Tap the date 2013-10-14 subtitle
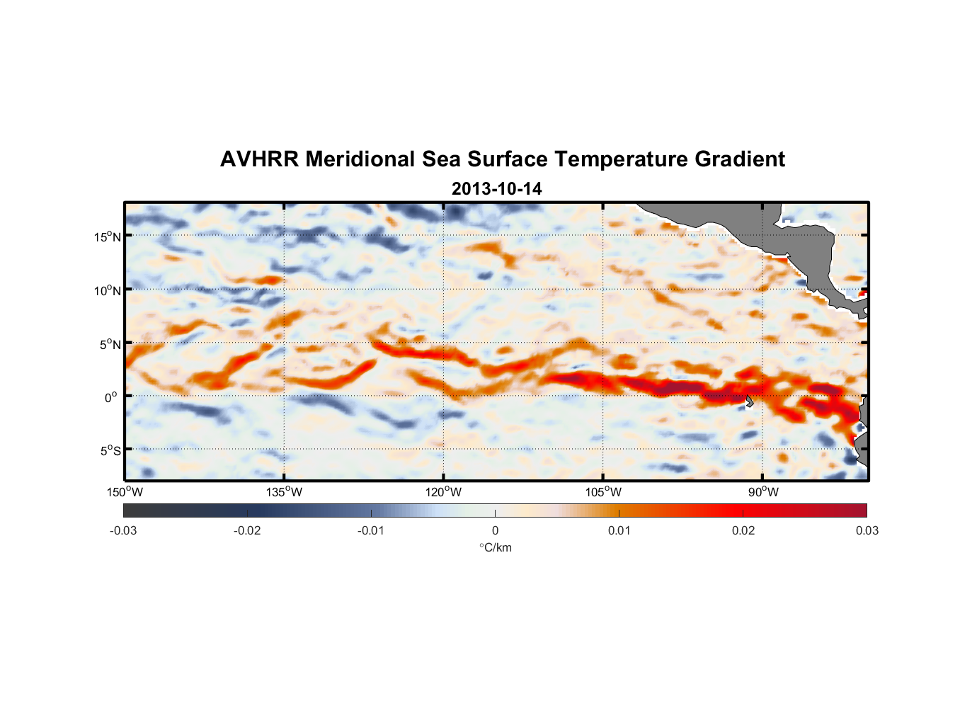point(496,189)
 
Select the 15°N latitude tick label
point(107,236)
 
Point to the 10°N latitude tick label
point(107,290)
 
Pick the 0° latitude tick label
point(111,398)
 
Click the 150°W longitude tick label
point(125,492)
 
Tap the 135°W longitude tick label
point(285,492)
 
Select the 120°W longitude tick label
point(444,492)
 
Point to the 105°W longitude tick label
point(603,492)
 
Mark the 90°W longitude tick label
point(763,492)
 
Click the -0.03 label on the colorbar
point(123,530)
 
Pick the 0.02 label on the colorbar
point(743,530)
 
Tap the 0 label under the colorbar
point(495,530)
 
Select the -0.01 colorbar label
point(371,530)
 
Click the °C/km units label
point(496,547)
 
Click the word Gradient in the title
point(740,159)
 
